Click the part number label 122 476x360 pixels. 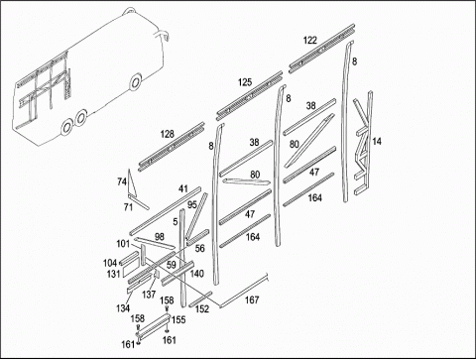[309, 41]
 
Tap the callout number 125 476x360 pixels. [245, 82]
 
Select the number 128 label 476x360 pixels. [167, 134]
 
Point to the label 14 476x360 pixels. [377, 142]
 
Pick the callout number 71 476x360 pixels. [128, 207]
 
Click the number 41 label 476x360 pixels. [183, 189]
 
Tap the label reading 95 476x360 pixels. [192, 205]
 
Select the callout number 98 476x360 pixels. [160, 237]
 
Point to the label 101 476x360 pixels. [123, 244]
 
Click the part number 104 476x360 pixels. [110, 263]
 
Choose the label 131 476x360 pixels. [113, 274]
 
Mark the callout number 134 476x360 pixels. [123, 308]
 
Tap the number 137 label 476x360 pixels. [149, 295]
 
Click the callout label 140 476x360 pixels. [197, 274]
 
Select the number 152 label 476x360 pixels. [202, 309]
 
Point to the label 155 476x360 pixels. [178, 320]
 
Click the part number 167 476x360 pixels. [252, 300]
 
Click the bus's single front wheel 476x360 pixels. [135, 81]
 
